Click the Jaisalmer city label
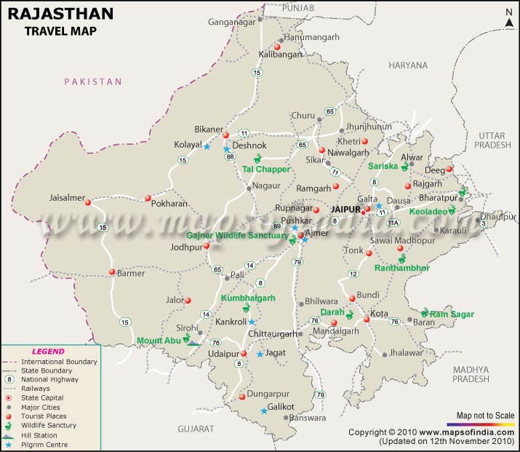(67, 197)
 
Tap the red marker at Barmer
(112, 272)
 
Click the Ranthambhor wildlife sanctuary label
(401, 268)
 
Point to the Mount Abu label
(158, 340)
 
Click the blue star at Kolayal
(207, 146)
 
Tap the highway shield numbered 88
(230, 156)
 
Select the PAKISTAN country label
(93, 82)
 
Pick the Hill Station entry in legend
(39, 435)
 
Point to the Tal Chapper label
(266, 169)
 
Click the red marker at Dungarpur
(242, 397)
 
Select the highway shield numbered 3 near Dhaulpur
(484, 223)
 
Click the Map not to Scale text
(485, 416)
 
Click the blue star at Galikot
(264, 411)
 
